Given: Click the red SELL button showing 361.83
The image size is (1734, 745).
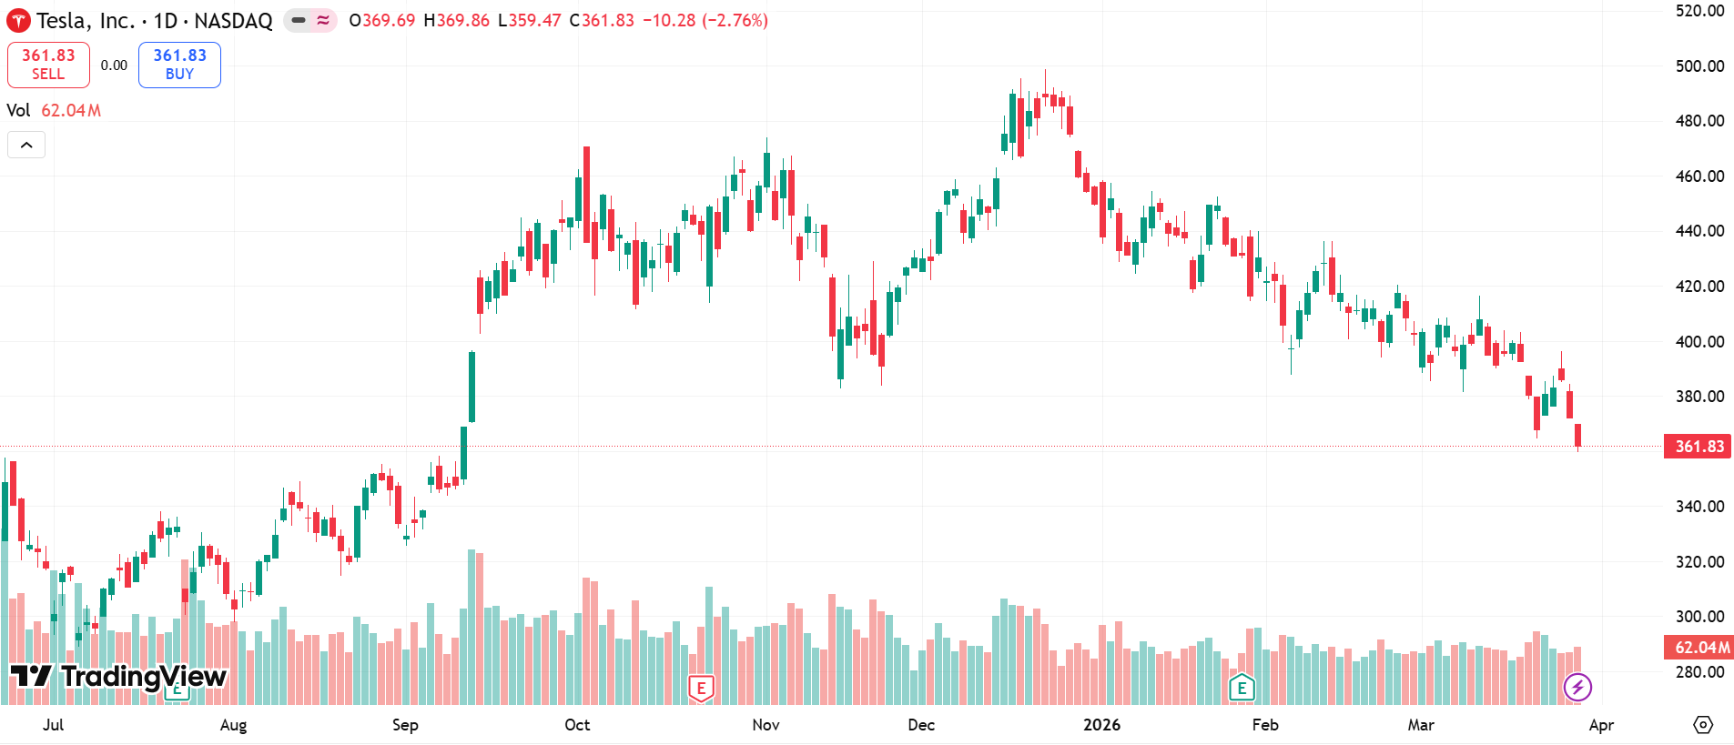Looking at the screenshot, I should tap(48, 65).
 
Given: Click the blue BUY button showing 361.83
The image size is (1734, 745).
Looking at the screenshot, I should tap(179, 65).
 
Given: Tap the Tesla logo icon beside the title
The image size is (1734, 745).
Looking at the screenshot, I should tap(18, 21).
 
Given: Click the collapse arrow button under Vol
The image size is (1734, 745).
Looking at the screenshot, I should tap(26, 145).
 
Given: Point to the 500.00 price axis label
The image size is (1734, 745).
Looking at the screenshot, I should tap(1699, 66).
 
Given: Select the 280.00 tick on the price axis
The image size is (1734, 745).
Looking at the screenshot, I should tap(1699, 672).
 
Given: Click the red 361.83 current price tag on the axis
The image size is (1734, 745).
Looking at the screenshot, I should tap(1698, 447).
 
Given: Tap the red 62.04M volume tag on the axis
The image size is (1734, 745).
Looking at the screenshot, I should tap(1699, 648).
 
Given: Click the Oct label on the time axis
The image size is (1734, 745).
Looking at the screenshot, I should tap(577, 725).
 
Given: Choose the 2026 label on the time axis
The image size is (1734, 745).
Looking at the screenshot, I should tap(1101, 725).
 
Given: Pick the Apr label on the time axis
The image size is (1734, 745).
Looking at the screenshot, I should tap(1601, 725).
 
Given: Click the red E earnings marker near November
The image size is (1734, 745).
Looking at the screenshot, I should tap(701, 689).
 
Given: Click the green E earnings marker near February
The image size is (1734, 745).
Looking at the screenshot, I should tap(1242, 688).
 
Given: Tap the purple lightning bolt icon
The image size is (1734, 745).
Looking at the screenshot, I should tap(1577, 687).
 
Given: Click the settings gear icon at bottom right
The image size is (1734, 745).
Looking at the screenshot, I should tap(1702, 725).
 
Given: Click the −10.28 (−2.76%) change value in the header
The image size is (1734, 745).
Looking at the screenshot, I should tap(705, 20).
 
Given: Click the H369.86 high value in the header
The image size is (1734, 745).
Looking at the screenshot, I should tap(456, 20).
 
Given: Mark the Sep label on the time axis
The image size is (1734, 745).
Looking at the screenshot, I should tap(405, 725).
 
